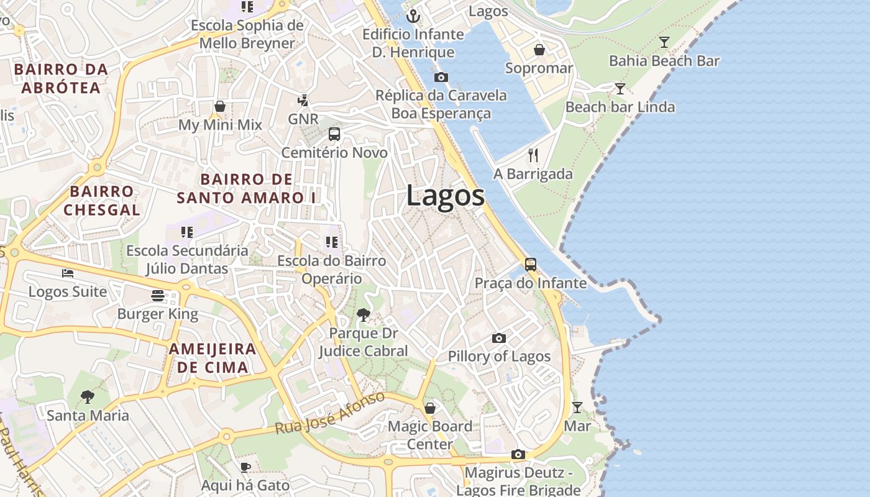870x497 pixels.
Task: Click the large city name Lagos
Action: (446, 196)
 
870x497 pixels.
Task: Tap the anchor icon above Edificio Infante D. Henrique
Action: (413, 16)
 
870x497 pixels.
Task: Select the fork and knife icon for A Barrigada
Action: (533, 155)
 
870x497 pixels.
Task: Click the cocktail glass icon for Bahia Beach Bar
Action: (664, 42)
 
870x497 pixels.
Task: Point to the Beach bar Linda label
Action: (620, 107)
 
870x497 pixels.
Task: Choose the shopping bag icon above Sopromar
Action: (539, 50)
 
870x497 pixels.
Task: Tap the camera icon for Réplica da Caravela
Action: (441, 77)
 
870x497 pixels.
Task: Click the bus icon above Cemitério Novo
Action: (334, 134)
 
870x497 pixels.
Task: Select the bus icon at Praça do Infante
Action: (531, 265)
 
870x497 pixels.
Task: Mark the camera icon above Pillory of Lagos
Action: (499, 338)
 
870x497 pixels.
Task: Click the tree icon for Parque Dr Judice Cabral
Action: (364, 315)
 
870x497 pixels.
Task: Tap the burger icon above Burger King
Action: (158, 295)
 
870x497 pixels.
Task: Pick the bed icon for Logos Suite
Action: (68, 273)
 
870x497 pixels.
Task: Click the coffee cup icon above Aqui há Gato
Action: (245, 467)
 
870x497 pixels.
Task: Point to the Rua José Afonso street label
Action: (330, 413)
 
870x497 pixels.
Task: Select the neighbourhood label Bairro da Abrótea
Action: (61, 78)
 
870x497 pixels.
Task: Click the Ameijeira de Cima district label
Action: (213, 358)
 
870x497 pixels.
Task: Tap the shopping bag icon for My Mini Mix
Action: (220, 106)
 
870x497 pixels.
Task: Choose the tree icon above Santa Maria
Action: (88, 396)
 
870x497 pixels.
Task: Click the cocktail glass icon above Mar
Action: (577, 408)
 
